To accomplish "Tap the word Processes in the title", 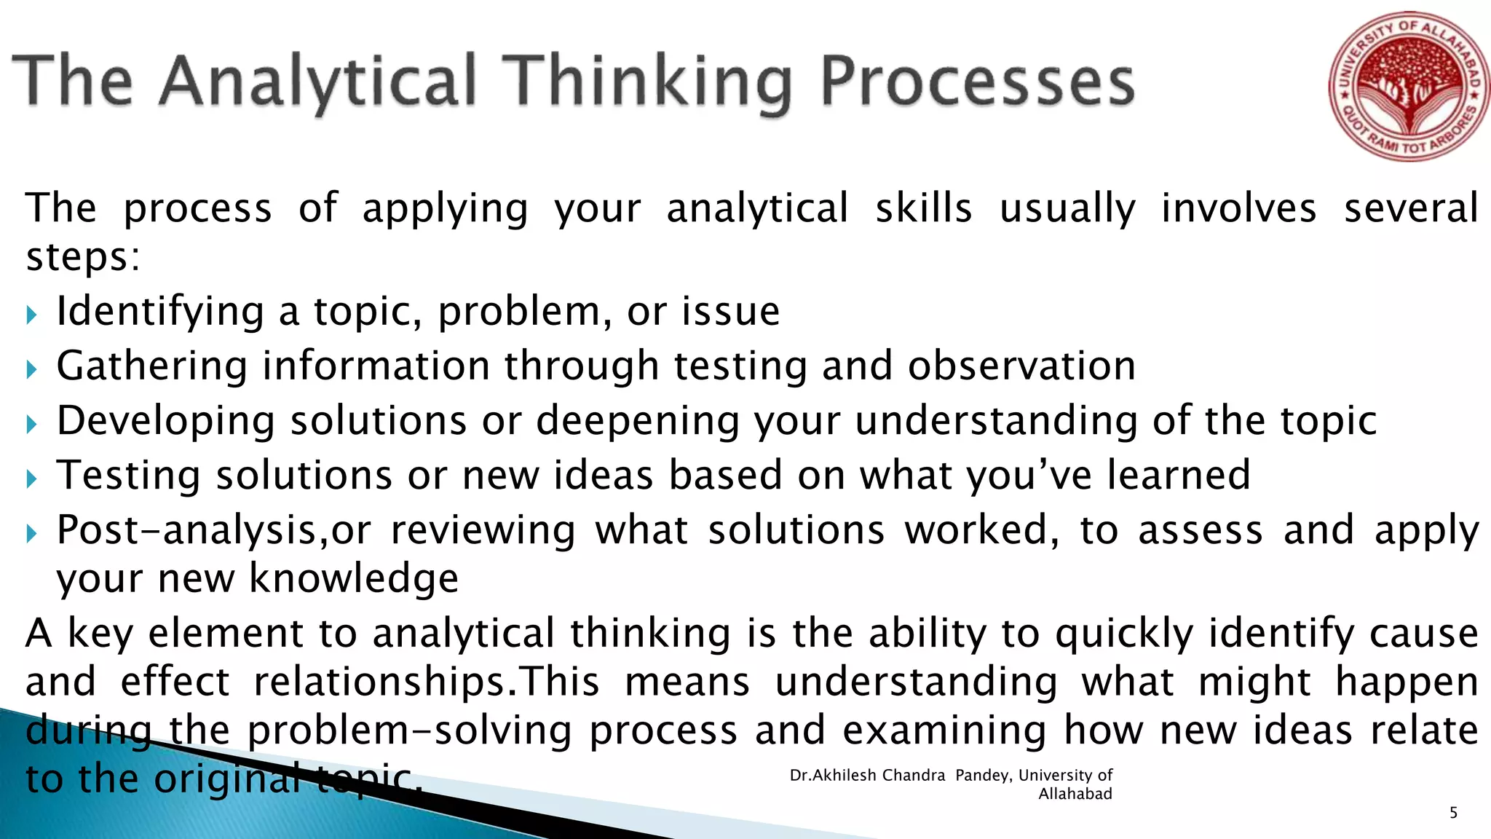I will pyautogui.click(x=977, y=82).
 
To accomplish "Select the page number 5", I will pyautogui.click(x=1453, y=813).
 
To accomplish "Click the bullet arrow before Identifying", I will pyautogui.click(x=31, y=315).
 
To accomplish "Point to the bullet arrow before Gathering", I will pyautogui.click(x=31, y=369).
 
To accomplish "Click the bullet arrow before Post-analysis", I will pyautogui.click(x=31, y=534).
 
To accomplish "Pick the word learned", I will pyautogui.click(x=1179, y=475).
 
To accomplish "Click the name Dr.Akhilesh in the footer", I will pyautogui.click(x=833, y=776).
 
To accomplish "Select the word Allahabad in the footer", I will pyautogui.click(x=1075, y=795).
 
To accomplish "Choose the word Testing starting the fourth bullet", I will pyautogui.click(x=128, y=476).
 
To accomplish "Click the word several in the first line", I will pyautogui.click(x=1410, y=208).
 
